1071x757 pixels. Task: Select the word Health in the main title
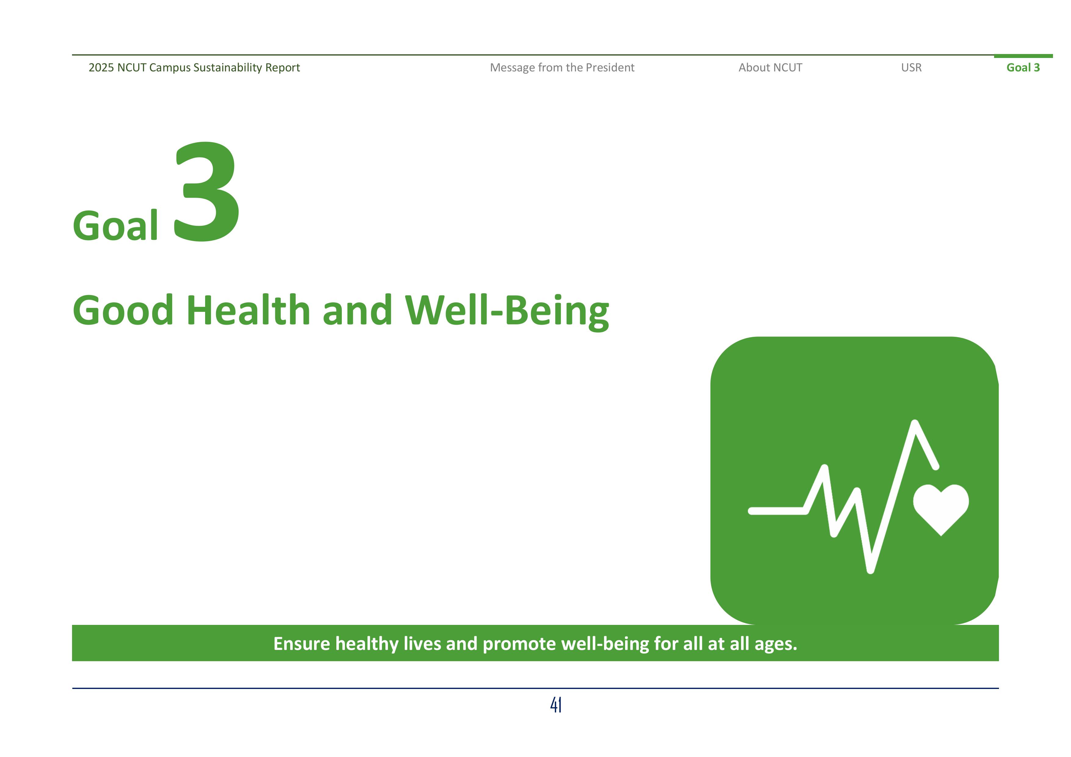[x=248, y=310]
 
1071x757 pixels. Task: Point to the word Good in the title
[x=123, y=310]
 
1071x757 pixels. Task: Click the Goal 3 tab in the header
[x=1023, y=68]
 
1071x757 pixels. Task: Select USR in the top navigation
[x=911, y=68]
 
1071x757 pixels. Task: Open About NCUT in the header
[x=770, y=68]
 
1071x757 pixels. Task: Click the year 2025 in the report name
[x=101, y=68]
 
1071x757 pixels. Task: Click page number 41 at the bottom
[x=555, y=705]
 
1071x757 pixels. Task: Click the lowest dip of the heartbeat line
[x=870, y=570]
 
